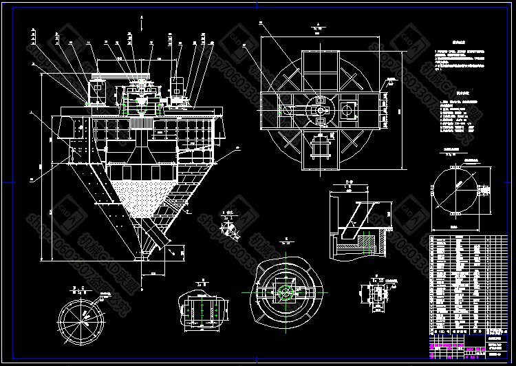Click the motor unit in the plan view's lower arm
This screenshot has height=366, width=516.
[x=320, y=147]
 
